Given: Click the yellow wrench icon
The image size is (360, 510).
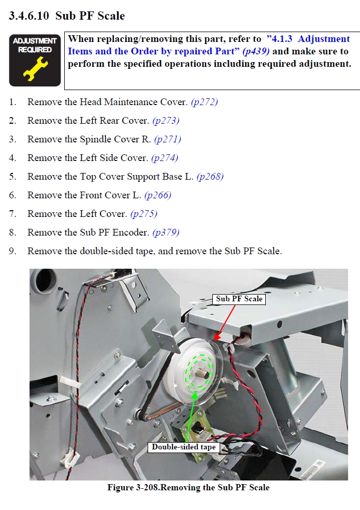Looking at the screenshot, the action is pyautogui.click(x=35, y=68).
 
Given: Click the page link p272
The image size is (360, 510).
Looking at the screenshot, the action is pyautogui.click(x=205, y=102).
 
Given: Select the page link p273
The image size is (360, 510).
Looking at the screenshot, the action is pyautogui.click(x=166, y=121).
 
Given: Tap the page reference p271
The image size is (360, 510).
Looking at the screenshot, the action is pyautogui.click(x=167, y=139).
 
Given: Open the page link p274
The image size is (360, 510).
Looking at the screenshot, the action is pyautogui.click(x=165, y=158).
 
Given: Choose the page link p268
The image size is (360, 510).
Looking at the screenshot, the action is pyautogui.click(x=210, y=177).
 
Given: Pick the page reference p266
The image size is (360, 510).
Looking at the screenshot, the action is pyautogui.click(x=157, y=195).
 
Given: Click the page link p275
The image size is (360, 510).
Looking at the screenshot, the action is pyautogui.click(x=143, y=214).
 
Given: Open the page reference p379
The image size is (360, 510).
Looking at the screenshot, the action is pyautogui.click(x=166, y=232).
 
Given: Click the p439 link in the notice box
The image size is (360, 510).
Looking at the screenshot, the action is pyautogui.click(x=256, y=51).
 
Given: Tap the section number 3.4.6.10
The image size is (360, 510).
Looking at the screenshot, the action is pyautogui.click(x=29, y=16).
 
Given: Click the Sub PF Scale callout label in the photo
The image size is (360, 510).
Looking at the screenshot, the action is pyautogui.click(x=239, y=299).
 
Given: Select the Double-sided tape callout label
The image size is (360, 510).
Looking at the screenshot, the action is pyautogui.click(x=184, y=447).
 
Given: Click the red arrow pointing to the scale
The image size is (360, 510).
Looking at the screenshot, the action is pyautogui.click(x=225, y=323).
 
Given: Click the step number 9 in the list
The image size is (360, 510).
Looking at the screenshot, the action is pyautogui.click(x=12, y=251).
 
